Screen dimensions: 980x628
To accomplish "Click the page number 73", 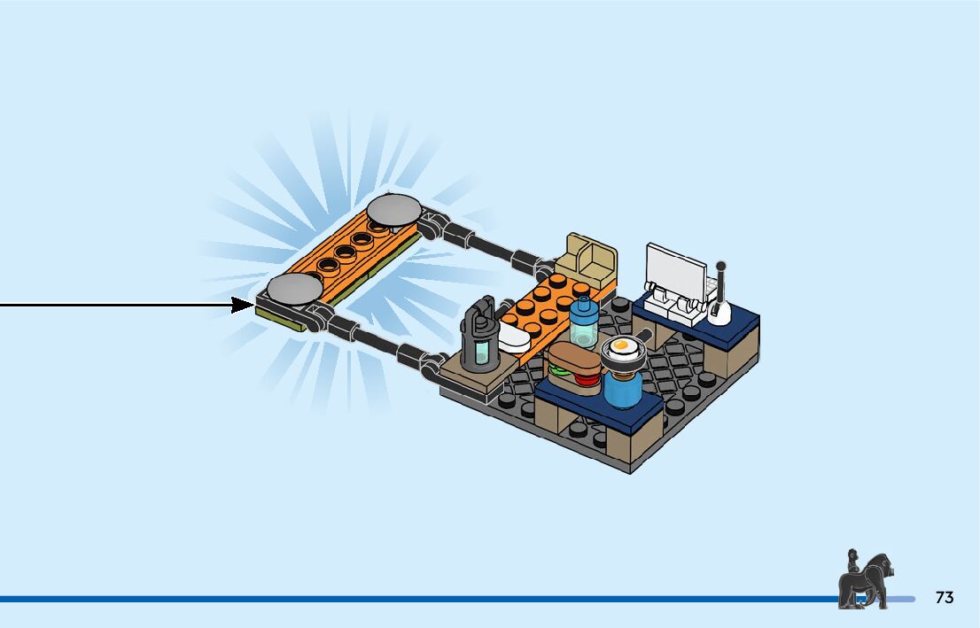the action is click(x=945, y=598).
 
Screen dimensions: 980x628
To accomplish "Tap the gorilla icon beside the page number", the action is click(x=863, y=580).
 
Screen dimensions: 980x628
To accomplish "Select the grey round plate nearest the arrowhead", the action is click(x=293, y=288).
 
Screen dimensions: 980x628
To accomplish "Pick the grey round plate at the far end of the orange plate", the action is click(x=394, y=209).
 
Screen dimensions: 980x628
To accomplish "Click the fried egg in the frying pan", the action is click(x=620, y=346).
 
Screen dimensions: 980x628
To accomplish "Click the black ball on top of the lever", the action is click(x=721, y=265).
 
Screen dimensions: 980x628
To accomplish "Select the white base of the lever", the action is click(x=719, y=310).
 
